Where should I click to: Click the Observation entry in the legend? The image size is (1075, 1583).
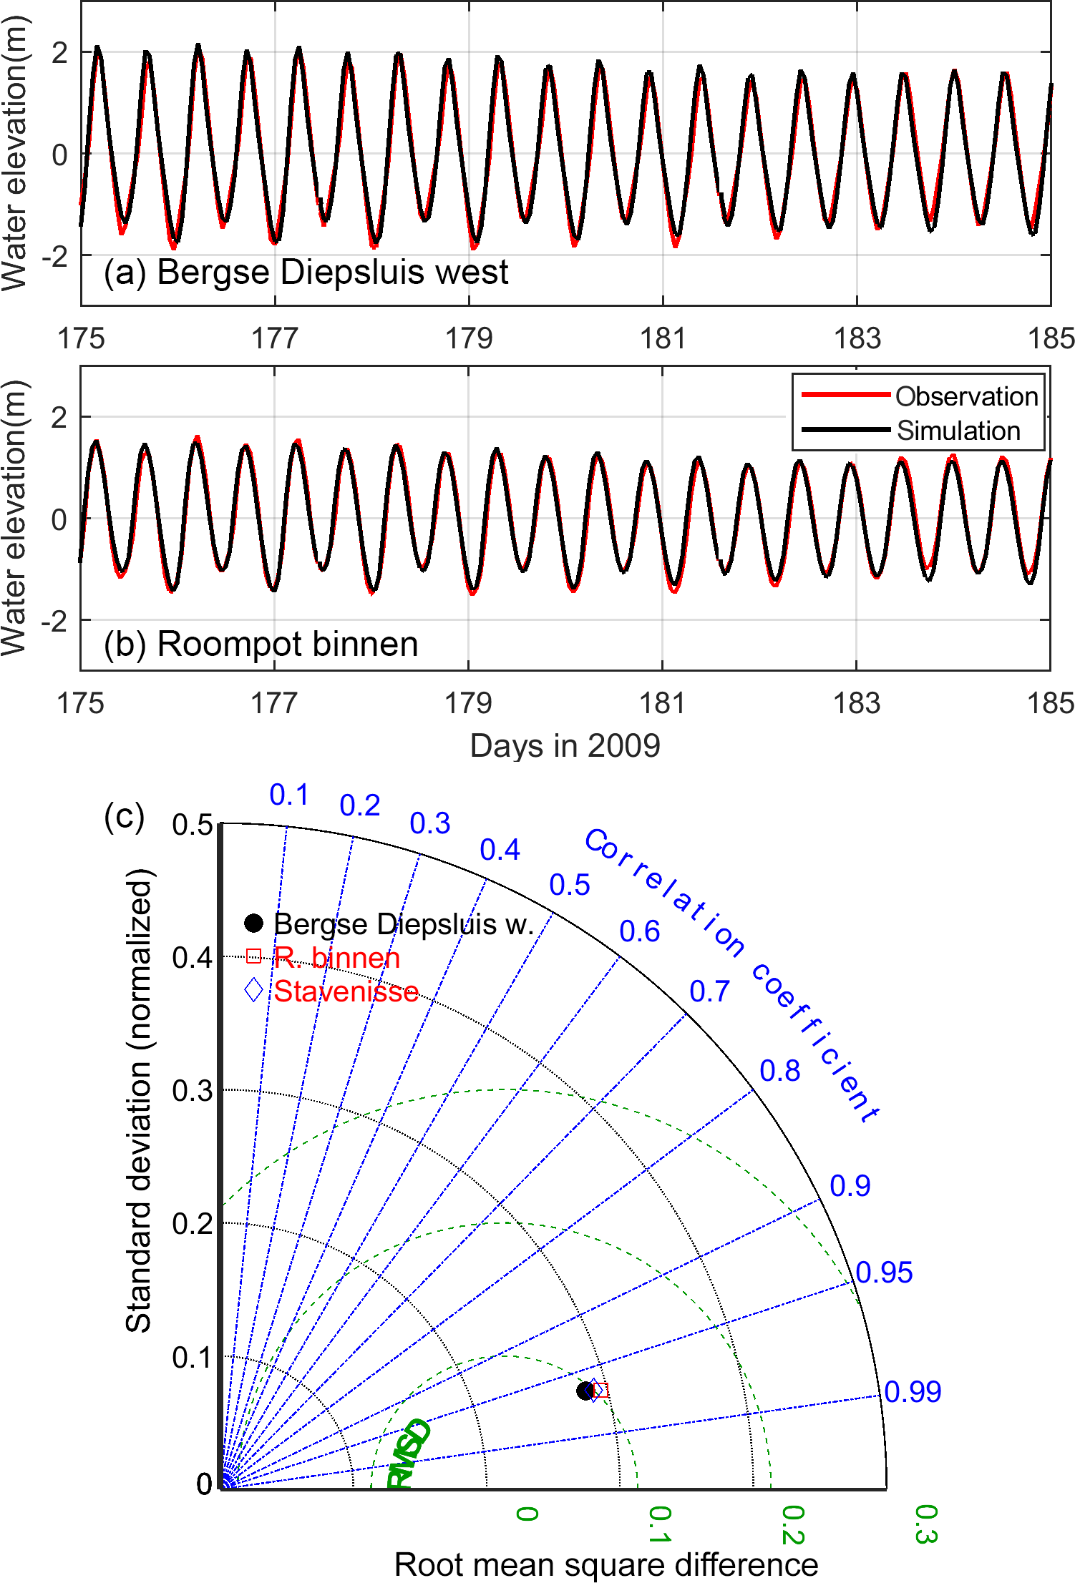coord(965,396)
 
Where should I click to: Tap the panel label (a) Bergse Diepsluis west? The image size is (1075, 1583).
coord(306,273)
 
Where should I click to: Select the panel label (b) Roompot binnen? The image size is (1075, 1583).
coord(261,644)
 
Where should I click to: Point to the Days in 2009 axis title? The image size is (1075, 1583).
coord(565,746)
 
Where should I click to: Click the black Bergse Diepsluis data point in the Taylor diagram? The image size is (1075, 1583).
coord(585,1391)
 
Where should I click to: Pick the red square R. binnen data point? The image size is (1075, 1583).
coord(601,1391)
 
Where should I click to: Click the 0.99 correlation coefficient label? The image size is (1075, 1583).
coord(913,1391)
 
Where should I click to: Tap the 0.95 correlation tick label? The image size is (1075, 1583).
coord(884,1273)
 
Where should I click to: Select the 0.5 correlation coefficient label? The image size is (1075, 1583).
coord(569,885)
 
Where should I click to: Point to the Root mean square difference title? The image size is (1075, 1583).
coord(605,1564)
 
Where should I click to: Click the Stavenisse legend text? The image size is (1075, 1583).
coord(346,991)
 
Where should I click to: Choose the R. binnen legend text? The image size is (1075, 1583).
coord(336,958)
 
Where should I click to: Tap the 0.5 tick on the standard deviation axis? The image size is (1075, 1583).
coord(192,825)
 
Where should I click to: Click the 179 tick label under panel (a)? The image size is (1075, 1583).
coord(469,338)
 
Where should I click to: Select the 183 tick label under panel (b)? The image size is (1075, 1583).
coord(856,703)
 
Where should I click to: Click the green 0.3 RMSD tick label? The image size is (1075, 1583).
coord(925,1524)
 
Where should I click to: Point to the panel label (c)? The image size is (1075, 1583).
coord(124,815)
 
